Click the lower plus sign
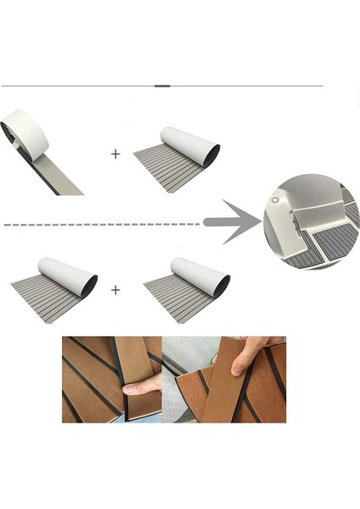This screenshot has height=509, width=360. [115, 289]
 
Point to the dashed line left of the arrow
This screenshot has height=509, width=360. [102, 225]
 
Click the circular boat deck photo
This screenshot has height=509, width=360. [311, 222]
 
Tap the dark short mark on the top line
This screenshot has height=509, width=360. [162, 86]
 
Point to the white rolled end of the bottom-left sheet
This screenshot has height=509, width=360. [68, 275]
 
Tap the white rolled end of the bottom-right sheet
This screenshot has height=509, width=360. [200, 275]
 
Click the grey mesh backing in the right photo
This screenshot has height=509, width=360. [183, 399]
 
